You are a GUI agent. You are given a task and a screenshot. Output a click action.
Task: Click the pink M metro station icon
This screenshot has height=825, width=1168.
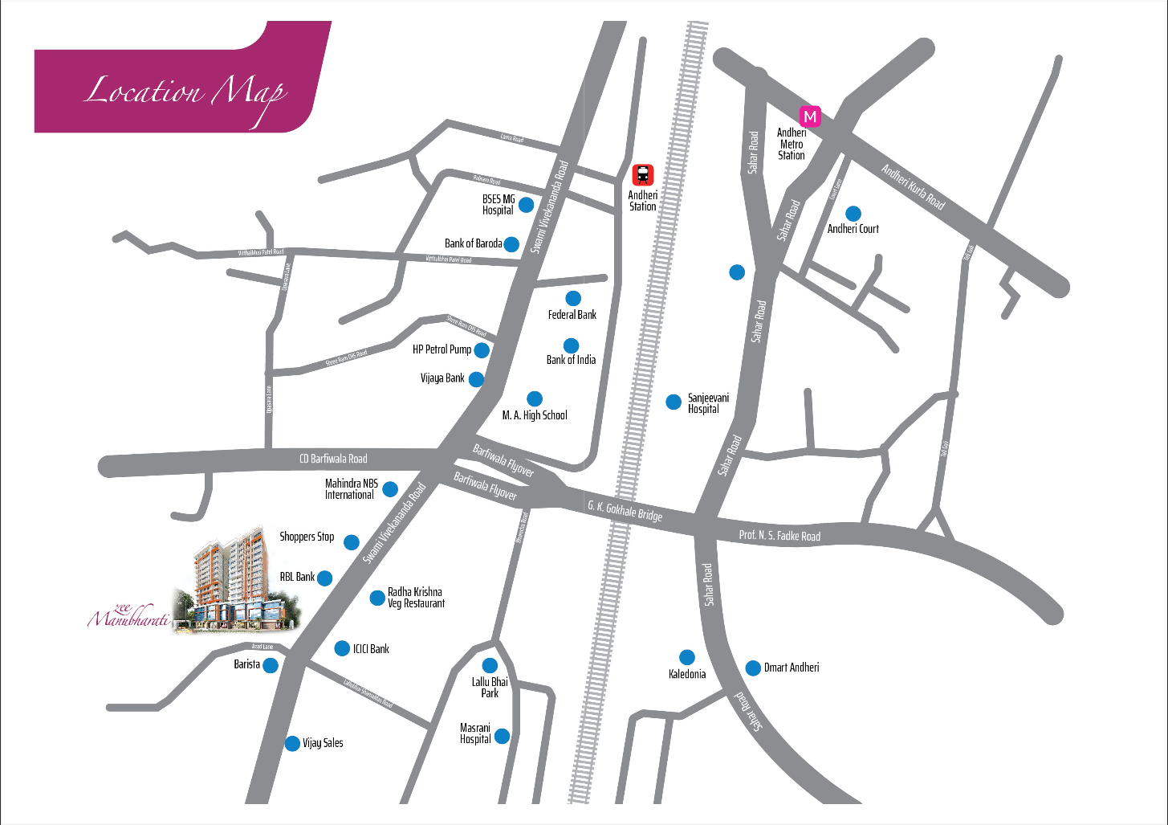pos(811,116)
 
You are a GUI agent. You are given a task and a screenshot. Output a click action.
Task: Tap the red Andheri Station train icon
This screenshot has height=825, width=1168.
pos(643,174)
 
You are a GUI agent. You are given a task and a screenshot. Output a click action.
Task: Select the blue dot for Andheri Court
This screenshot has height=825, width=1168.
pos(853,214)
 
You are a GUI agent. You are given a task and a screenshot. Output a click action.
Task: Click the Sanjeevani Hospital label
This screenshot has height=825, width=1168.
pos(708,403)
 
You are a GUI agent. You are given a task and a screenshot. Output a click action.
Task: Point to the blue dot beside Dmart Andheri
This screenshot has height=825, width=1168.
pos(753,668)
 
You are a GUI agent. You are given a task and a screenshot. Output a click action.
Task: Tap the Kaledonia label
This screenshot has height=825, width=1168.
pos(687,674)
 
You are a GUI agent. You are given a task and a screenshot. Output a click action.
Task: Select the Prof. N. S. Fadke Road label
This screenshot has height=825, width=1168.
pos(779,535)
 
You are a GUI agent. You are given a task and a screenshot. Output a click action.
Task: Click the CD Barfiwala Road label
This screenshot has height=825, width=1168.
pos(333,459)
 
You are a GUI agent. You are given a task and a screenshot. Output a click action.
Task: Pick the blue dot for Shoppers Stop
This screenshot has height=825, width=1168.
pos(352,542)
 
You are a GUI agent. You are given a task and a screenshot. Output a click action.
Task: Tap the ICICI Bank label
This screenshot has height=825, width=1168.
pos(371,649)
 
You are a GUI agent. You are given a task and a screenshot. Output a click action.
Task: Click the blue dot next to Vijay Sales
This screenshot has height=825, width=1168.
pos(292,744)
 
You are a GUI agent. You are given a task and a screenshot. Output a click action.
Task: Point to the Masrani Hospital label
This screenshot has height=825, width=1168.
pos(475,733)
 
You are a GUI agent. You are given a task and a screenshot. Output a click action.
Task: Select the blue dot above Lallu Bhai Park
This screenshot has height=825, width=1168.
pos(490,666)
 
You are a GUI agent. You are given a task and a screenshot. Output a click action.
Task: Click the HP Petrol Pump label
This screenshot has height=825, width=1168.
pos(442,349)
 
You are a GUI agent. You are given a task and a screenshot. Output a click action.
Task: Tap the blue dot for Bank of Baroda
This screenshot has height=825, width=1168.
pos(511,244)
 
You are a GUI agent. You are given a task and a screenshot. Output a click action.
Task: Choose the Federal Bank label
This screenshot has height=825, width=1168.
pos(572,315)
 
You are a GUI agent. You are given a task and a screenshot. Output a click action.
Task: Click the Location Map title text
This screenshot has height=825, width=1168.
pos(185,92)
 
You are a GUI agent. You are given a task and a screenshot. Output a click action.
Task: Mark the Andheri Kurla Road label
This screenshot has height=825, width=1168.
pos(913,186)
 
